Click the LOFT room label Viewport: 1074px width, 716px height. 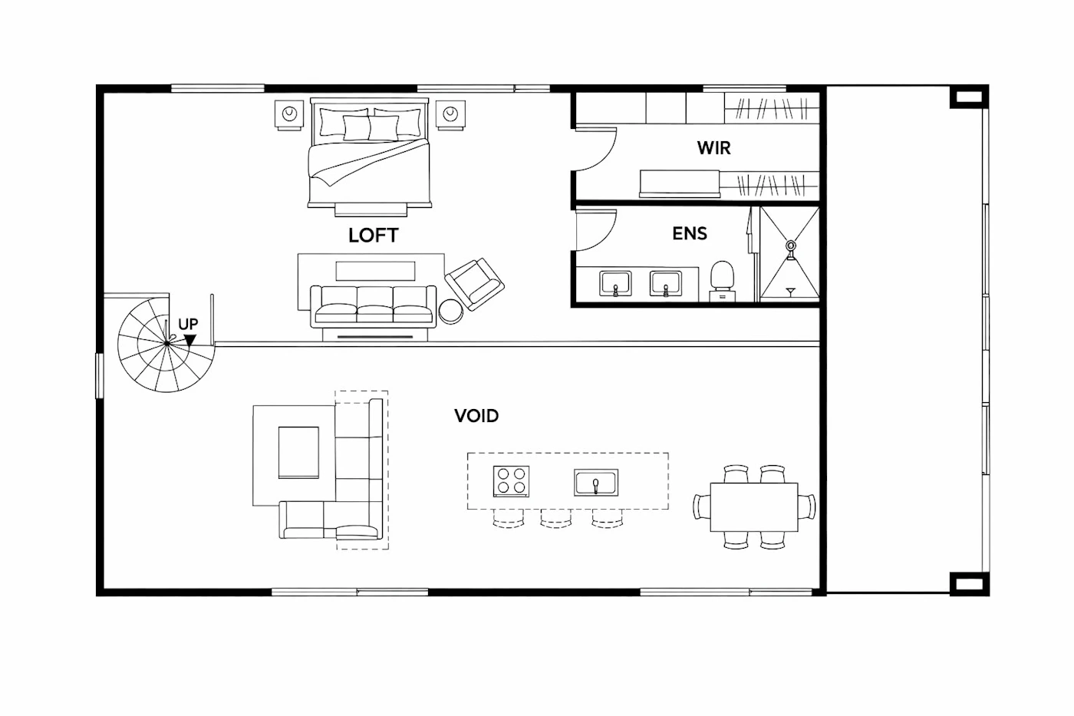click(374, 235)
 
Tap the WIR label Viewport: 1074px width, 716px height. click(714, 148)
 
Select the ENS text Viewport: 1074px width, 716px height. click(690, 233)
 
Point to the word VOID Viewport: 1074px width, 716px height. click(476, 416)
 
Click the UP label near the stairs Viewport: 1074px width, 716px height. click(188, 324)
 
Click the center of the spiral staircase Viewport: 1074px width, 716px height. click(167, 343)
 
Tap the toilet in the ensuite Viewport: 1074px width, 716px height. click(722, 281)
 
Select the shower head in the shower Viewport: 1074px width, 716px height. click(791, 246)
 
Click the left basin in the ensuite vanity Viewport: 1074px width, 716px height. click(615, 283)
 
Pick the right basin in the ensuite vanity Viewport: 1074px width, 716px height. click(666, 283)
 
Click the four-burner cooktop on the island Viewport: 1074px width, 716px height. click(511, 481)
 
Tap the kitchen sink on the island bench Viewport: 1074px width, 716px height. click(596, 483)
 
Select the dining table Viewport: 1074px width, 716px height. click(754, 507)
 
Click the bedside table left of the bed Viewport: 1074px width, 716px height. click(289, 115)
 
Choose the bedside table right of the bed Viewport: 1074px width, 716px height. click(450, 115)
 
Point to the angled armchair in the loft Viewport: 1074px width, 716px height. click(475, 284)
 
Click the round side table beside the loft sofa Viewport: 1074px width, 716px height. click(451, 312)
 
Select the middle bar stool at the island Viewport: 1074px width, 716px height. click(556, 519)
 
